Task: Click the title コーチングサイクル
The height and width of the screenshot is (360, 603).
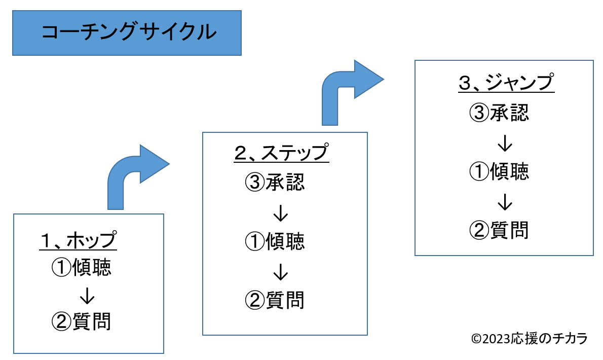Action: click(129, 32)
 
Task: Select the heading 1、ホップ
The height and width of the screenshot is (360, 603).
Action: click(78, 240)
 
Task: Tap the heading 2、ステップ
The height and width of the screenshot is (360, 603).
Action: click(282, 153)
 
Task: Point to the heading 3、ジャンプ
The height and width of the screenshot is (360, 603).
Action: click(507, 83)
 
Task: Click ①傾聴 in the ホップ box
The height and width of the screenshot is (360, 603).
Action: click(82, 267)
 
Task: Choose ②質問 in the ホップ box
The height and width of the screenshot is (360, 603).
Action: click(82, 321)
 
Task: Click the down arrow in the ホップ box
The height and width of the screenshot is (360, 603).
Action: click(87, 296)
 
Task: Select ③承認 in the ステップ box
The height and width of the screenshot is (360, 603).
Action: click(275, 182)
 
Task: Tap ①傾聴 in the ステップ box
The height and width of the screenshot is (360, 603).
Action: click(275, 241)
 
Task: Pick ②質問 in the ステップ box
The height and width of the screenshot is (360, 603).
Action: click(275, 300)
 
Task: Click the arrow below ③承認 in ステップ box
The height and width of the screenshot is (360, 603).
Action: click(281, 213)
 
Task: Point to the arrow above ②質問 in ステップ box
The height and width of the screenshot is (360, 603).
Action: click(281, 272)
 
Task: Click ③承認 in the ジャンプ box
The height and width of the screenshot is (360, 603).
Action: click(499, 113)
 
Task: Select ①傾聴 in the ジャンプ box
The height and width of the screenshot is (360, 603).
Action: click(499, 171)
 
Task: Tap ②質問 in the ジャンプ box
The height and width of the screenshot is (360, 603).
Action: click(499, 230)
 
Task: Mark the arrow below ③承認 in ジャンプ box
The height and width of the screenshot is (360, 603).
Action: click(505, 143)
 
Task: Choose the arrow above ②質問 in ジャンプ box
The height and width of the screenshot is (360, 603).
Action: click(505, 202)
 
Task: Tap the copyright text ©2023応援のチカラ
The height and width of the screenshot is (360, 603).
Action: click(530, 339)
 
